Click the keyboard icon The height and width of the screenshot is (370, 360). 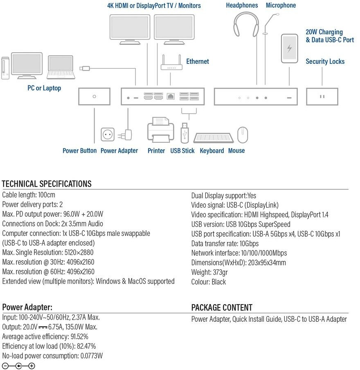(213, 138)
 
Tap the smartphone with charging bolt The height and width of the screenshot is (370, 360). (290, 49)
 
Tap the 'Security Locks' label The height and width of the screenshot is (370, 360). (325, 62)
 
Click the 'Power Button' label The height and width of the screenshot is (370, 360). (80, 151)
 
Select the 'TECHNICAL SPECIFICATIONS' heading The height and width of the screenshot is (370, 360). (47, 184)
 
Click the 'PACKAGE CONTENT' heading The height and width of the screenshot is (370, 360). (222, 307)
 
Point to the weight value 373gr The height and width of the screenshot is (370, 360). (220, 272)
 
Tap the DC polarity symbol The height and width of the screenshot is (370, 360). (19, 366)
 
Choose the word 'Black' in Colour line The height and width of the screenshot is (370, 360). (219, 282)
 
